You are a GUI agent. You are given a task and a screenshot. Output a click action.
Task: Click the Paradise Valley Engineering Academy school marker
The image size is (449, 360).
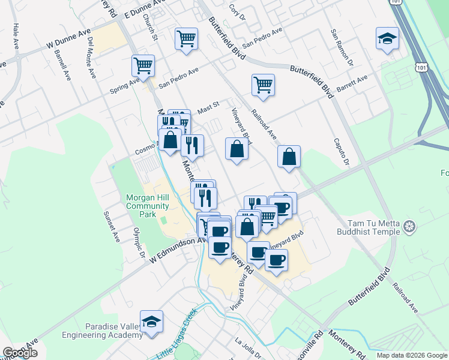click(152, 321)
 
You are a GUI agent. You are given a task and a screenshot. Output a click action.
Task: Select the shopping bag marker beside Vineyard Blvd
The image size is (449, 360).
click(237, 148)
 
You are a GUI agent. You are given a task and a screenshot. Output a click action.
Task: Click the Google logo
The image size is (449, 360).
click(20, 353)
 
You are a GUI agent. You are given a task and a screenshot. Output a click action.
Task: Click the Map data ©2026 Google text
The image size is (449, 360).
click(412, 355)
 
